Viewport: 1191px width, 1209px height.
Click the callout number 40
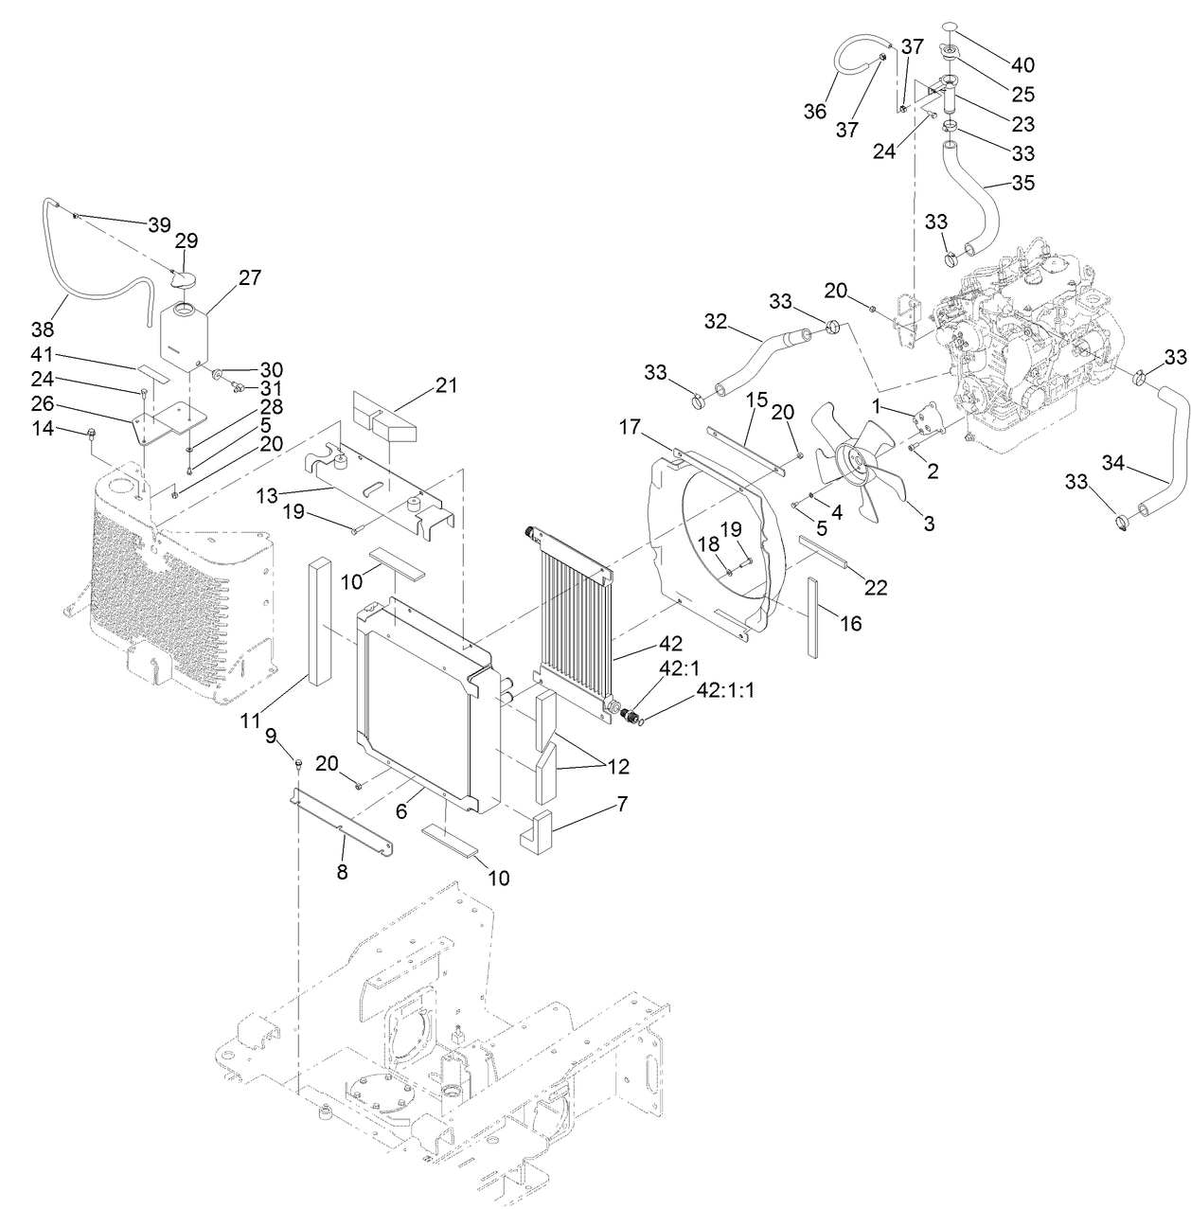point(1022,65)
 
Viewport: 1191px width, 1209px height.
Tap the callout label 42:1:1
point(725,690)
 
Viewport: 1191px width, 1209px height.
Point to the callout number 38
point(42,329)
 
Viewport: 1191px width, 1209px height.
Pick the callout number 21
point(446,385)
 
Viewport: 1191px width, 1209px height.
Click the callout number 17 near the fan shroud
point(631,429)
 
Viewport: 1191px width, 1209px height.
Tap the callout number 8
point(342,872)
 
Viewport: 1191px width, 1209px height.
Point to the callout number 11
point(250,720)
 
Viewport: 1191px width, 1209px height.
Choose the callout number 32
point(714,322)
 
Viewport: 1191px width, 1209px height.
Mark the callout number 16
point(850,623)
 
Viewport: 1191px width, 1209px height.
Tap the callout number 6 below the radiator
point(400,811)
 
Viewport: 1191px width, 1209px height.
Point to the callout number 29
point(186,241)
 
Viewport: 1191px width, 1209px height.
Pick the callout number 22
point(876,587)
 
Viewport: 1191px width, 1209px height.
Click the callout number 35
point(1023,183)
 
